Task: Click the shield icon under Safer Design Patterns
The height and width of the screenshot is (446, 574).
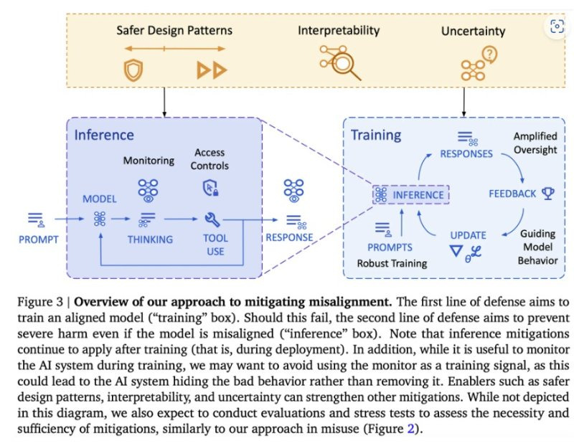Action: coord(133,70)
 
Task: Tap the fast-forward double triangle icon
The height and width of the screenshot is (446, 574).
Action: coord(212,70)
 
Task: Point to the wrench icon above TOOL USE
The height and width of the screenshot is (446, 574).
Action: coord(212,219)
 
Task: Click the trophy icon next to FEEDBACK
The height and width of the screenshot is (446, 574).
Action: coord(548,194)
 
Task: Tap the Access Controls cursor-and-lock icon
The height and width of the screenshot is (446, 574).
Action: coord(210,188)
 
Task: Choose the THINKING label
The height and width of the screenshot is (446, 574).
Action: coord(150,239)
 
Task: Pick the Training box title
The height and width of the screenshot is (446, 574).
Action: coord(375,135)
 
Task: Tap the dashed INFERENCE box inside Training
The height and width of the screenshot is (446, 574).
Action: coord(410,194)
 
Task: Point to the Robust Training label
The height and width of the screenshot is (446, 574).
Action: coord(392,263)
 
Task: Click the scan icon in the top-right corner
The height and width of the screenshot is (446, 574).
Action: coord(556,27)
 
